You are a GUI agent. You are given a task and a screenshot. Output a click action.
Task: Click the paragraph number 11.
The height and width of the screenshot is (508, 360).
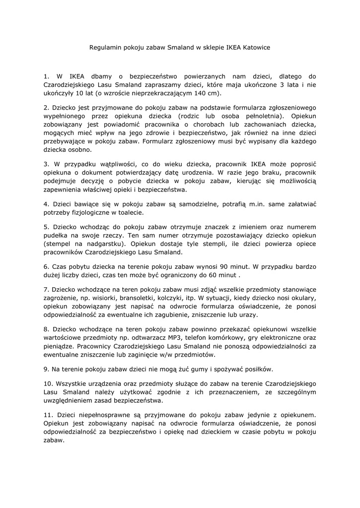(48, 413)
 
